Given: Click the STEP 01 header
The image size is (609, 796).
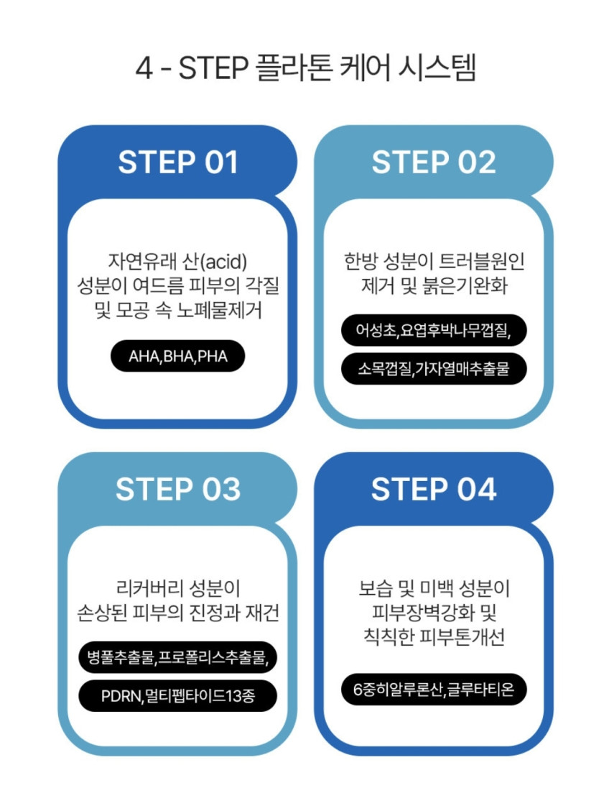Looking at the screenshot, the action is [178, 163].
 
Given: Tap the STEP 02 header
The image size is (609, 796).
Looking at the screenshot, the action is [434, 163].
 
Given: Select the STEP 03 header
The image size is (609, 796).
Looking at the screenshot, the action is [178, 490].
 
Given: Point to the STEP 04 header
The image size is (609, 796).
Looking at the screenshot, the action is [434, 490].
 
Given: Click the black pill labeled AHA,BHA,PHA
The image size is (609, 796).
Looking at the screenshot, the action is [178, 356].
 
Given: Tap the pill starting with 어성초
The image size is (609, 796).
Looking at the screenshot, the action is [434, 331].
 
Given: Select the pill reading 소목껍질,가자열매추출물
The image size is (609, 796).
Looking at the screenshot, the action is [434, 369].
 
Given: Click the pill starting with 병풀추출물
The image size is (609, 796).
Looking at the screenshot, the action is [178, 657].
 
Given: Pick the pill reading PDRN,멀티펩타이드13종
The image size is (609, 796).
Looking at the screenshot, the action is [178, 695].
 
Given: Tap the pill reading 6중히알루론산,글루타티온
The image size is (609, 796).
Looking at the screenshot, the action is [434, 690].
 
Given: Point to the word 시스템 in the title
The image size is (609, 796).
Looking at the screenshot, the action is [437, 68].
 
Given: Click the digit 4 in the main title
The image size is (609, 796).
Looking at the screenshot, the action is [144, 68].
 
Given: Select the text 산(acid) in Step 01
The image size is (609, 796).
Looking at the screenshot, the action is [214, 262].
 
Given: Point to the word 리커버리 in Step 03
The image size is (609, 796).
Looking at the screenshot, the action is [149, 588].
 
